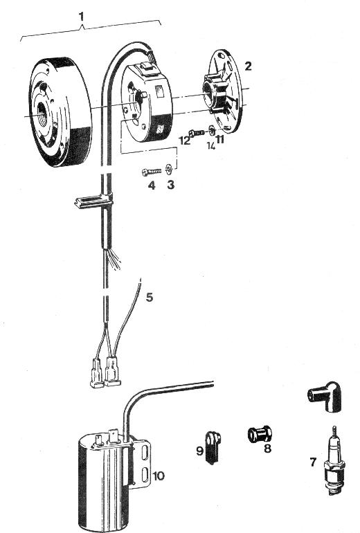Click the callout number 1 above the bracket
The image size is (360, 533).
81,17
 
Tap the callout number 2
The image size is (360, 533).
249,66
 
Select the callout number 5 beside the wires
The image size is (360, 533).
150,297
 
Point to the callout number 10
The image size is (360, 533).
159,476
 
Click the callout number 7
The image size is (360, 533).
313,462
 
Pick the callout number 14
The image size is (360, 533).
211,146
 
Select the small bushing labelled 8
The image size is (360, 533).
260,434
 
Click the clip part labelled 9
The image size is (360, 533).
213,446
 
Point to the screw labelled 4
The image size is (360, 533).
151,172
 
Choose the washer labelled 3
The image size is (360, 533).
169,169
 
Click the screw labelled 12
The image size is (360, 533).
197,133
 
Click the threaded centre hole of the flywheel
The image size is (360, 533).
42,114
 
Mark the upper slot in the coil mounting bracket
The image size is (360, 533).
145,453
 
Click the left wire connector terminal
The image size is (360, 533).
96,373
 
